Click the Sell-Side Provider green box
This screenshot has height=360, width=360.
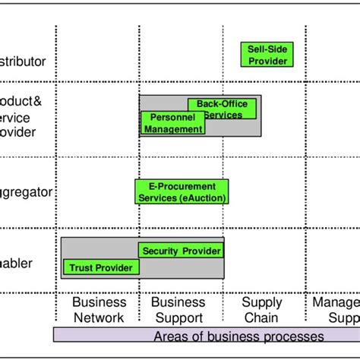268,55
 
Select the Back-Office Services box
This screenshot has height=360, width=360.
223,109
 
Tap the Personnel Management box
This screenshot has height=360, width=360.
173,123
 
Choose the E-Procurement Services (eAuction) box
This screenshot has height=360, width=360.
182,192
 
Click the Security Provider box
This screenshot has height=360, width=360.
182,251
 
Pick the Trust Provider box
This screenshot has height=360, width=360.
101,267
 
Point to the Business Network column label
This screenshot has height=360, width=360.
98,310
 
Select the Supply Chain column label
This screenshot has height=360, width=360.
261,310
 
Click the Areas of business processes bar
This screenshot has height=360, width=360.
206,336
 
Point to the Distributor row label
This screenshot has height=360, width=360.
23,62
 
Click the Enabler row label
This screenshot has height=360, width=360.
16,264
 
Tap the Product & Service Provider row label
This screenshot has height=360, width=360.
17,116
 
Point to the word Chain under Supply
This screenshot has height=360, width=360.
261,317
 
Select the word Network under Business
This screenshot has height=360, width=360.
98,317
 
